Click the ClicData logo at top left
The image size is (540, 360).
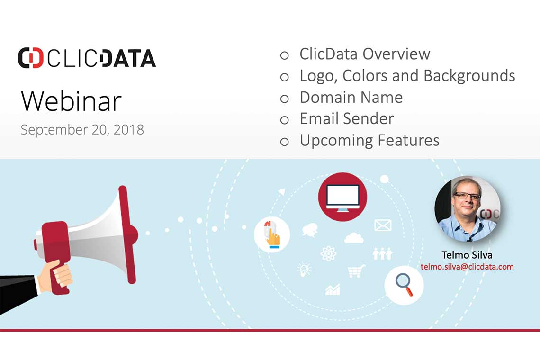[x=87, y=58]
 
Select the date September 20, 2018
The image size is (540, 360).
[x=82, y=129]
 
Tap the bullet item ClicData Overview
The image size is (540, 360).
[x=365, y=54]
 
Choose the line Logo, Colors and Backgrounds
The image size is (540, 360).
[x=407, y=75]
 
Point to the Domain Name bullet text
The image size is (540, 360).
[x=351, y=97]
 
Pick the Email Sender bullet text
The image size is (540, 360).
[x=347, y=118]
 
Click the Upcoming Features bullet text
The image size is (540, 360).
[x=369, y=140]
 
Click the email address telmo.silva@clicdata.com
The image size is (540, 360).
[x=467, y=267]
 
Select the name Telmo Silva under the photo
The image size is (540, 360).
[x=467, y=255]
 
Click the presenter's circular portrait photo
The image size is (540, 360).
[x=467, y=209]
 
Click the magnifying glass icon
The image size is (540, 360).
[x=404, y=285]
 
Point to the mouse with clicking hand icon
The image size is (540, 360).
[x=272, y=234]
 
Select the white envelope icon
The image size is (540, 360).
[x=383, y=225]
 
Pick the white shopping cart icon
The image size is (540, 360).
[x=356, y=271]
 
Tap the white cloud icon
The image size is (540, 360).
[x=354, y=237]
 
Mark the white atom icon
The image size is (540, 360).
[x=328, y=253]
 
